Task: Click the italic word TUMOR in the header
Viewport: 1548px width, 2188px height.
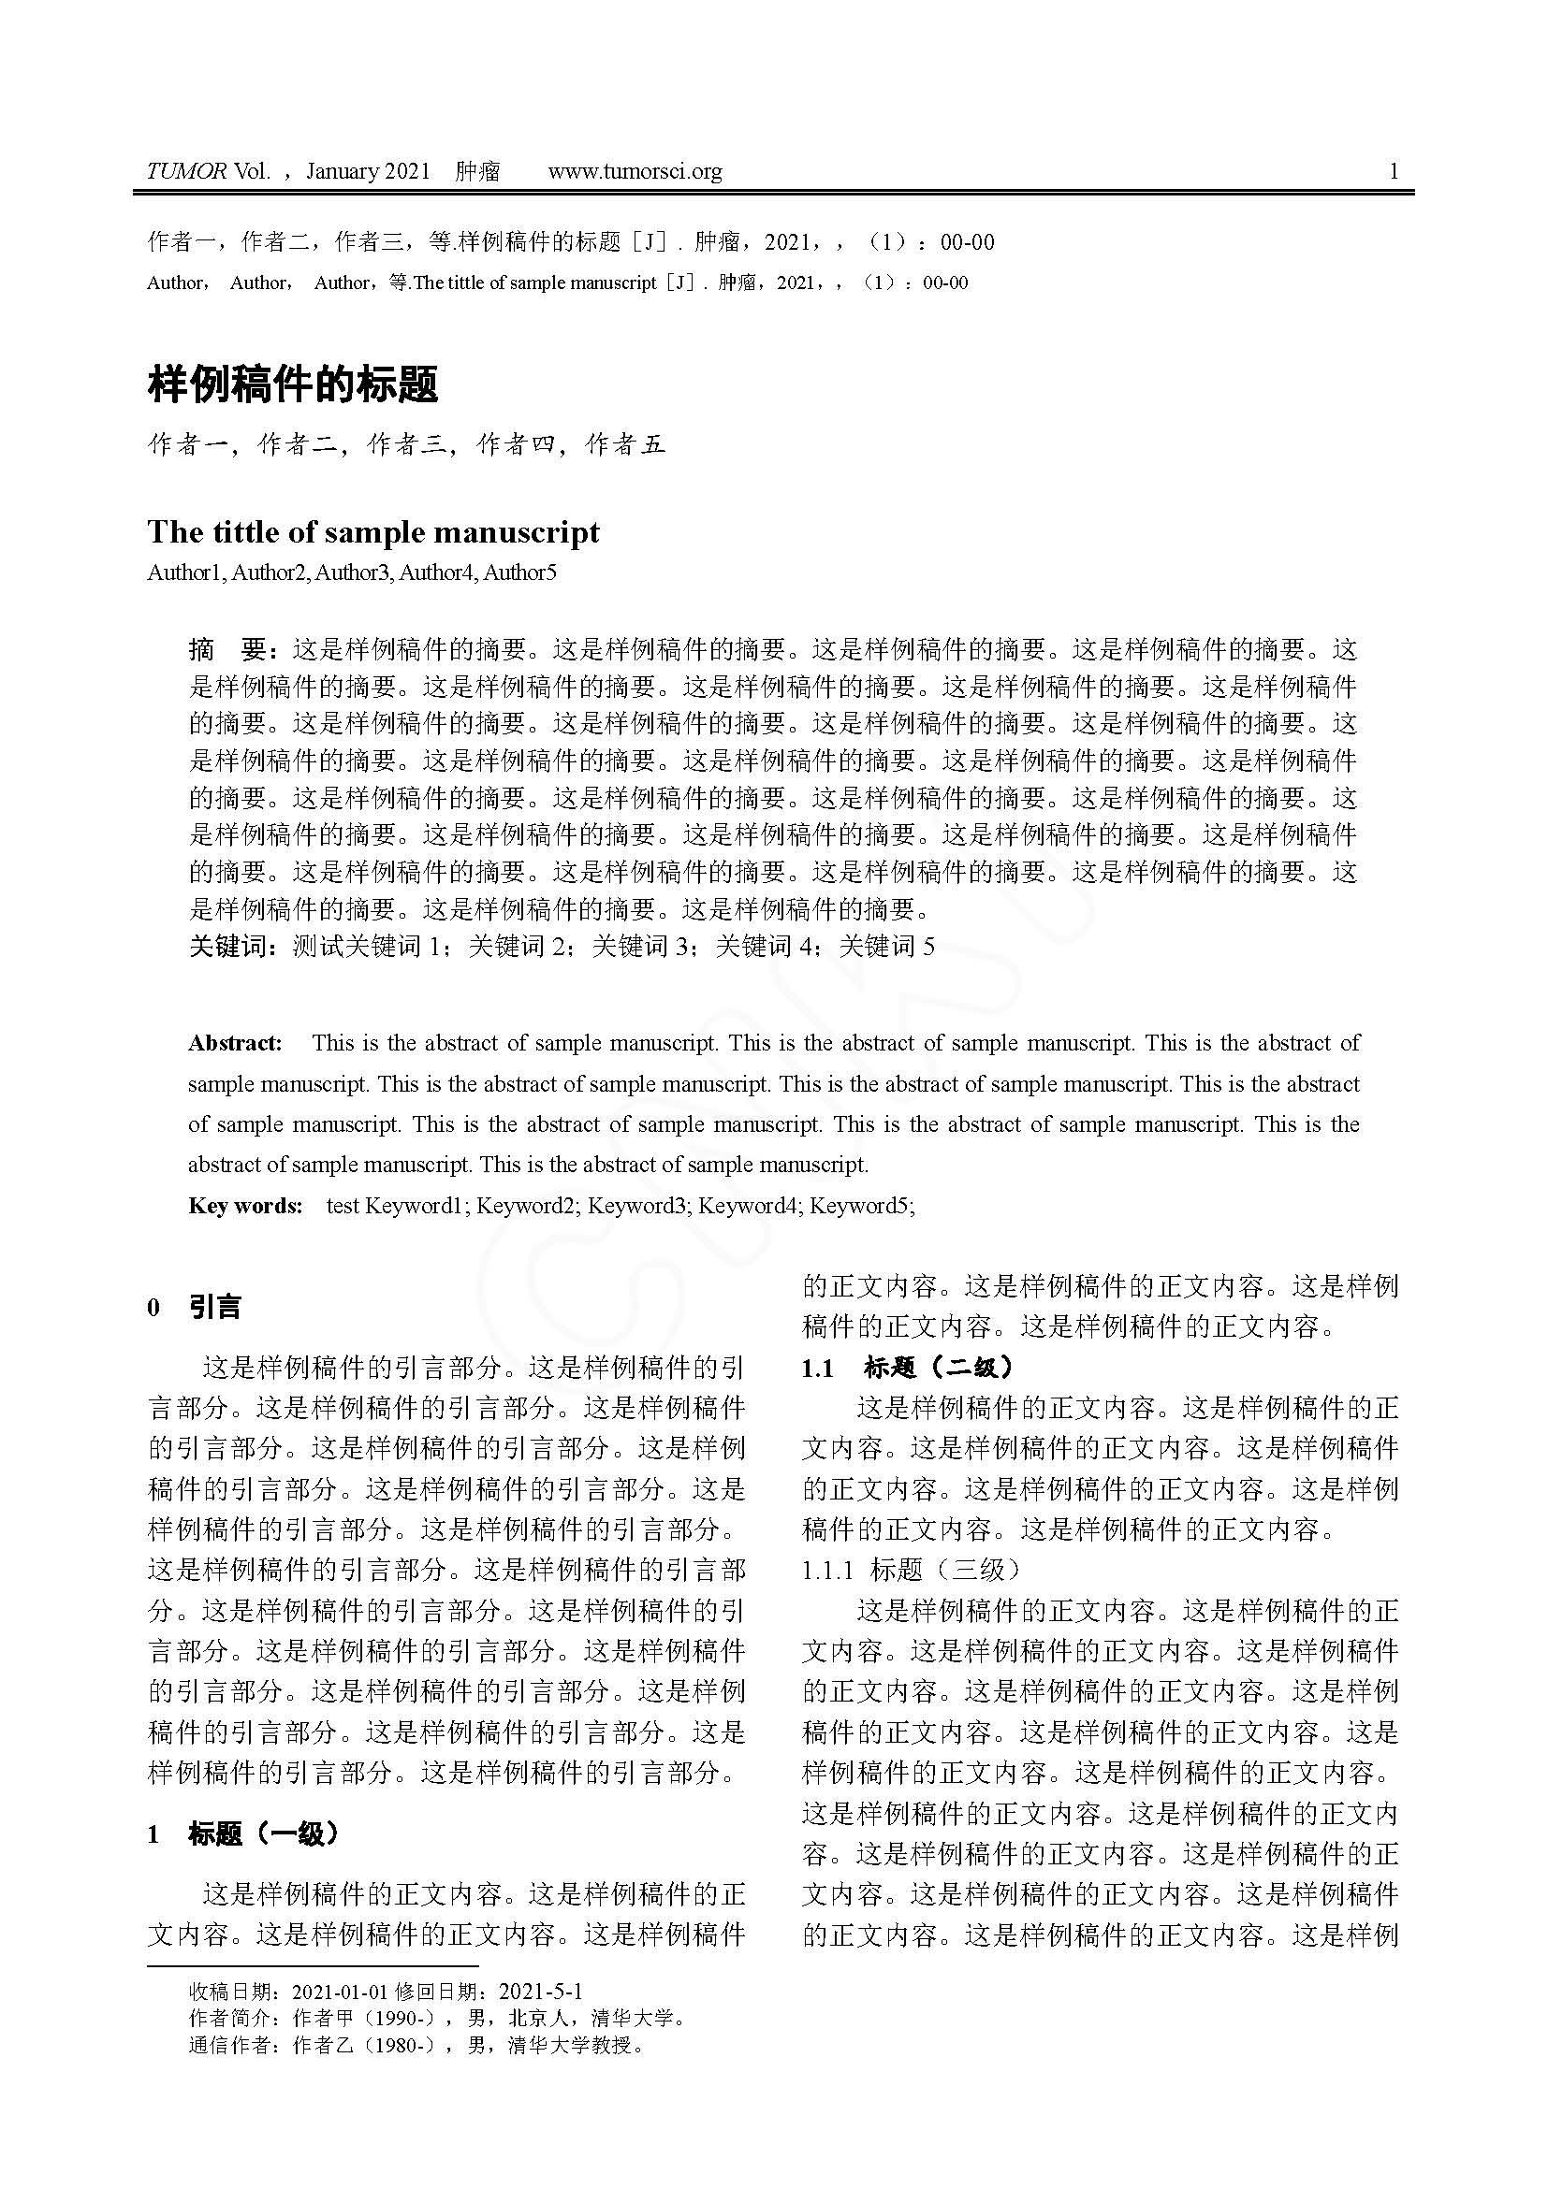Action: click(x=187, y=171)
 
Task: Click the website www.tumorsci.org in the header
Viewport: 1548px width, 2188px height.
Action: click(x=635, y=171)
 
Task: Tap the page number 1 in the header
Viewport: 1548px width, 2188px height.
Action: click(x=1395, y=171)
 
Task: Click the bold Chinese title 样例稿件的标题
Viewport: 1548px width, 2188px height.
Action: click(x=293, y=385)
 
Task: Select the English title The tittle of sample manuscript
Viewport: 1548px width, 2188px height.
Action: click(x=373, y=531)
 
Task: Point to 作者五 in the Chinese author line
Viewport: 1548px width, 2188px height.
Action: click(x=625, y=444)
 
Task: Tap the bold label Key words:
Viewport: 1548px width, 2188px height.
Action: click(x=245, y=1206)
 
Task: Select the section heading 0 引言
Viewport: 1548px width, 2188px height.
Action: click(x=195, y=1308)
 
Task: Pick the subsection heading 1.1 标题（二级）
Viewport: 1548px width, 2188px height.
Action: click(x=908, y=1369)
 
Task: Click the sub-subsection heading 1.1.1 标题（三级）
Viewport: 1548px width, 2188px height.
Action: click(x=912, y=1570)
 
